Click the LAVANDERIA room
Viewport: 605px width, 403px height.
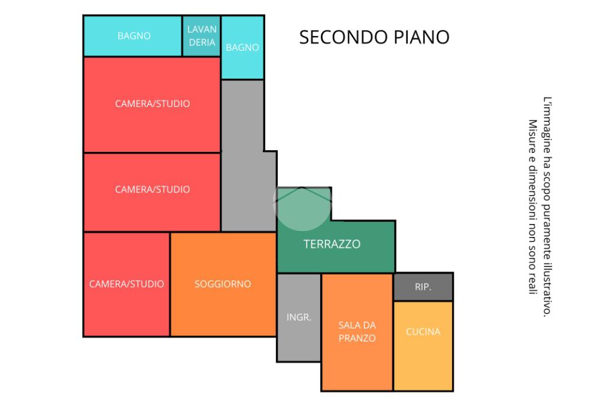(x=201, y=36)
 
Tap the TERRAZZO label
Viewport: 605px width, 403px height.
(x=332, y=244)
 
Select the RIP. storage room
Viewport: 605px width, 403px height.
(x=423, y=287)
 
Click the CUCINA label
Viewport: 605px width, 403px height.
(x=423, y=331)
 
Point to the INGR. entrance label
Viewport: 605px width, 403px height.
(x=298, y=317)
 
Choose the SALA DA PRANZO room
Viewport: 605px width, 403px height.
(x=357, y=332)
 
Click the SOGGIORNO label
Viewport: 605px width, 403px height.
(x=223, y=284)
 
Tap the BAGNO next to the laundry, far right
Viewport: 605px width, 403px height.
(x=242, y=47)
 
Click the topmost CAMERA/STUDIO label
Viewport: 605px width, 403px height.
(x=152, y=103)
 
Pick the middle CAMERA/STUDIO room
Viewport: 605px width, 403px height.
(x=152, y=192)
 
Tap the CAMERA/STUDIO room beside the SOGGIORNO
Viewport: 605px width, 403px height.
(x=126, y=284)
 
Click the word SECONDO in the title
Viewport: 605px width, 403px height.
(x=343, y=37)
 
